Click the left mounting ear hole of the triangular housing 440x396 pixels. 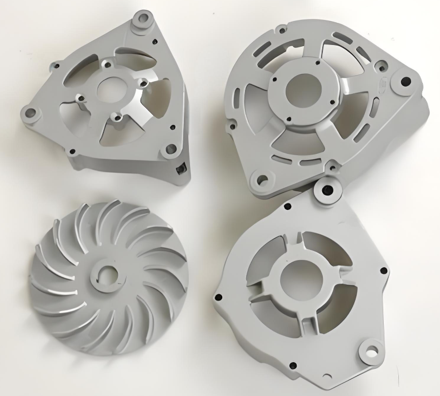point(31,114)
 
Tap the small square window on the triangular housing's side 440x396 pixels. point(179,168)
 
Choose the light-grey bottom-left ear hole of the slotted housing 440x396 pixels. point(260,181)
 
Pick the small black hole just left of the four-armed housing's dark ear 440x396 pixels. point(288,207)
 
